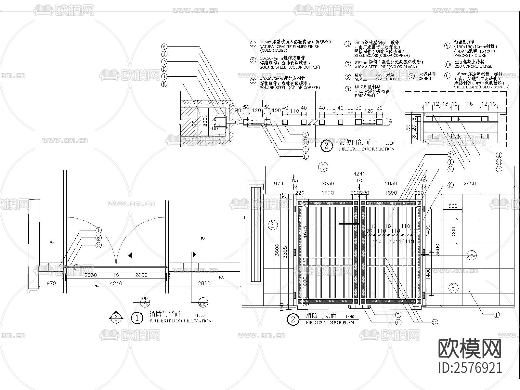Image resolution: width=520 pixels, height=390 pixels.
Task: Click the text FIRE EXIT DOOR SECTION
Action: pyautogui.click(x=367, y=149)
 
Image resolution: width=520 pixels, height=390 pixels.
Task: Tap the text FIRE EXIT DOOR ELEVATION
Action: pyautogui.click(x=180, y=321)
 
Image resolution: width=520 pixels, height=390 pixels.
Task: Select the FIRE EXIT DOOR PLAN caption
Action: pyautogui.click(x=330, y=322)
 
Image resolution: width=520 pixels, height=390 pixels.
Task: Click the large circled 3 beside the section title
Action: pyautogui.click(x=326, y=146)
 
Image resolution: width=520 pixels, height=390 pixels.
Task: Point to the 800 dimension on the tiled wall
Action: pyautogui.click(x=454, y=231)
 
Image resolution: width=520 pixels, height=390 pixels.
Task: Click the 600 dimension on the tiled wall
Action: pyautogui.click(x=453, y=206)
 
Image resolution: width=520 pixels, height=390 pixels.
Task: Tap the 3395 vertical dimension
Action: pyautogui.click(x=285, y=252)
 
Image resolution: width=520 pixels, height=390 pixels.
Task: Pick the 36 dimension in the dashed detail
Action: pyautogui.click(x=469, y=104)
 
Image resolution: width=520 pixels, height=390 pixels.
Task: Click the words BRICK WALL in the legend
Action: pyautogui.click(x=365, y=96)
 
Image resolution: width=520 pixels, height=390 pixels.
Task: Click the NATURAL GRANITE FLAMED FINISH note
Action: pyautogui.click(x=289, y=46)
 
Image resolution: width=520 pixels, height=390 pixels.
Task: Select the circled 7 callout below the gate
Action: pyautogui.click(x=398, y=315)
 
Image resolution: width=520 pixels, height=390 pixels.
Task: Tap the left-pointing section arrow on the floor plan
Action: pyautogui.click(x=130, y=255)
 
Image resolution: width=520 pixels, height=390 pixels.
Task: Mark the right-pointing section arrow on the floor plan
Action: pyautogui.click(x=194, y=254)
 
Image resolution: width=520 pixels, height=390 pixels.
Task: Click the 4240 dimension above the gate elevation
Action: pyautogui.click(x=359, y=174)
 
